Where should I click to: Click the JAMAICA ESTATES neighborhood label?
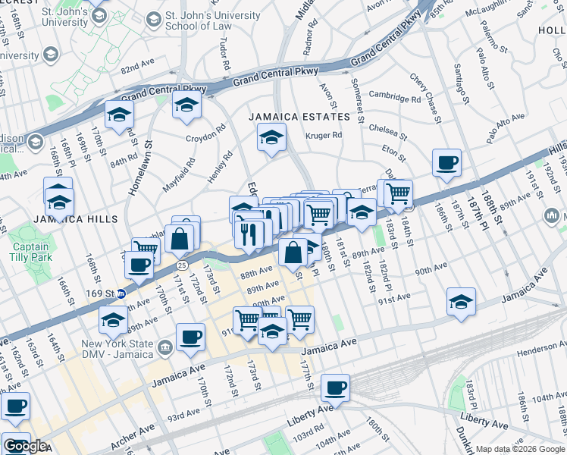tap(301, 117)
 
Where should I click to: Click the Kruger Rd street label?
tap(324, 136)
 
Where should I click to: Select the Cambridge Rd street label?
tap(394, 98)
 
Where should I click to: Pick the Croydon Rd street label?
tap(206, 139)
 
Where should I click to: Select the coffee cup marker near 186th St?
tap(446, 162)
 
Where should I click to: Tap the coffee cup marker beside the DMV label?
tap(190, 337)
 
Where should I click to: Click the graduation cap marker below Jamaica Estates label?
tap(271, 139)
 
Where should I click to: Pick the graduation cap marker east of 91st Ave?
tap(461, 302)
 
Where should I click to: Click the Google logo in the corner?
tap(25, 446)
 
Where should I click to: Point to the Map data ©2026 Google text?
tap(520, 449)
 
